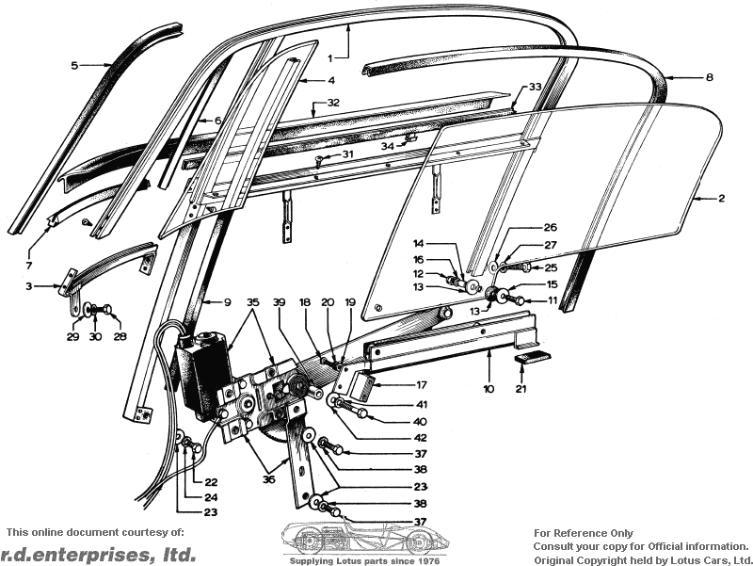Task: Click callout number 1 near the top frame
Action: (x=331, y=57)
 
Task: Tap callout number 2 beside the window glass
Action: (x=721, y=199)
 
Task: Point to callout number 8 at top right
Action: (x=710, y=76)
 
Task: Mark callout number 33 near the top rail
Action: (x=535, y=87)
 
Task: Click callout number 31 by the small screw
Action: (x=347, y=154)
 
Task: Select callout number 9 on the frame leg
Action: (x=227, y=302)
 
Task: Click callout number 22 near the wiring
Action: (x=211, y=481)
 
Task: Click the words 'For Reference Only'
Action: (x=584, y=533)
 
